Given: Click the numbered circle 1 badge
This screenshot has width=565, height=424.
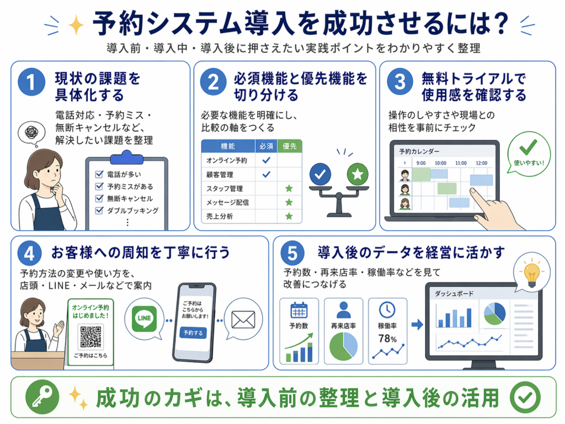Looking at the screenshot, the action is tap(31, 82).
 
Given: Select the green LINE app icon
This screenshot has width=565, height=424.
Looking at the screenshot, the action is tap(144, 319).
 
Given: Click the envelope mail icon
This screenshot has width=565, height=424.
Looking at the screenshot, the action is tap(243, 320).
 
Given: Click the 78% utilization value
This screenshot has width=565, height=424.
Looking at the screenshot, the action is tap(388, 338).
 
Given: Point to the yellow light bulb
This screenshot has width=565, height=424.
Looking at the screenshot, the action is tap(532, 274).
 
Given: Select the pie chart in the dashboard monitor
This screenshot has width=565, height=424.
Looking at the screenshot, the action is tap(495, 314).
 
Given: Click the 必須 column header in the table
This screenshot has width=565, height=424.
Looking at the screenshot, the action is tap(266, 146).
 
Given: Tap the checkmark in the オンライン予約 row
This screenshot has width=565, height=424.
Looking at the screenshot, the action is tap(266, 160).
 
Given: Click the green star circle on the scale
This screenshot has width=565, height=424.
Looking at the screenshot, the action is tap(358, 174).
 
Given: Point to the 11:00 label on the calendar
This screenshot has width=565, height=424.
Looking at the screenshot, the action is tap(461, 163).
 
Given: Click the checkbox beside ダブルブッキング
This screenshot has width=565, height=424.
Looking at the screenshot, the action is tap(99, 210).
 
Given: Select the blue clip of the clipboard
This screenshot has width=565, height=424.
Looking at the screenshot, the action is tap(127, 158).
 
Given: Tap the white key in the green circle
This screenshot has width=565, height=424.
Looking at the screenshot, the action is tap(42, 397).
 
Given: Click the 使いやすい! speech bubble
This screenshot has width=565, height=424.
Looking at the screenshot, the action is tap(529, 154).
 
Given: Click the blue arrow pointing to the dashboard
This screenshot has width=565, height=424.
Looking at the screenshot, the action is tap(417, 325).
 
